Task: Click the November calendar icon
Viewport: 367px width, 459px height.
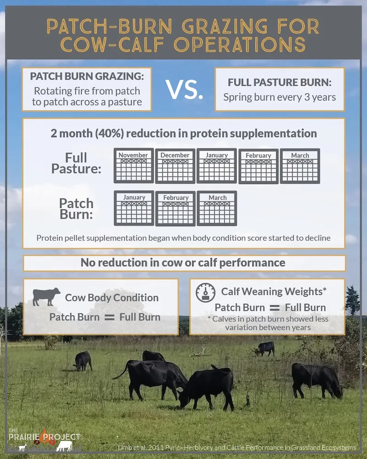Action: coord(133,166)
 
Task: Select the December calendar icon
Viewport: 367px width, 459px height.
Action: coord(175,166)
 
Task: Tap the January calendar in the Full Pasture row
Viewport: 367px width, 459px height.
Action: coord(217,166)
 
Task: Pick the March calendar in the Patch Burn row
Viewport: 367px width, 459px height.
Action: coord(217,208)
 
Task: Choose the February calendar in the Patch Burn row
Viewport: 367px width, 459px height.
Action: coord(175,208)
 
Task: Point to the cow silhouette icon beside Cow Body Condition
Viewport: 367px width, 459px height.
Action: coord(46,297)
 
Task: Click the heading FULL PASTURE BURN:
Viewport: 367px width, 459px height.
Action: coord(279,83)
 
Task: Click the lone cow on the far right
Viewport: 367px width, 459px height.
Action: coord(317,379)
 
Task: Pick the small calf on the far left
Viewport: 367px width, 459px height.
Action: coord(83,360)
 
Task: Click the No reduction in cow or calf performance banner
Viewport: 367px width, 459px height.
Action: coord(183,263)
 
